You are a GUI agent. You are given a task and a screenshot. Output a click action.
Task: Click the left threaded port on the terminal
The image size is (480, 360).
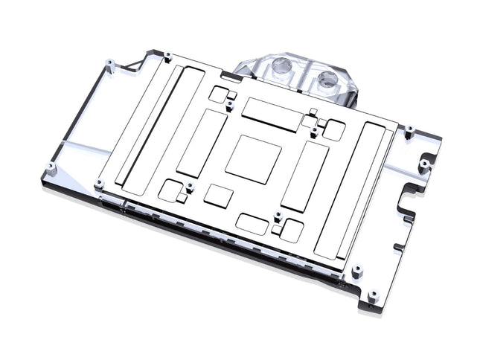coord(282,68)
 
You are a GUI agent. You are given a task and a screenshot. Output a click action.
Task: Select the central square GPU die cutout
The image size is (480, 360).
coord(253,158)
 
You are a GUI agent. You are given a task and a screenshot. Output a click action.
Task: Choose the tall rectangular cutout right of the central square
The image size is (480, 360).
coord(305,176)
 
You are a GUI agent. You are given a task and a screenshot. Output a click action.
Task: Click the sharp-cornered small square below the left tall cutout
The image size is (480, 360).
coord(219,196)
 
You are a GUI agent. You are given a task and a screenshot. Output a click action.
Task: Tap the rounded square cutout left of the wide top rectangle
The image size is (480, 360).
coord(218,94)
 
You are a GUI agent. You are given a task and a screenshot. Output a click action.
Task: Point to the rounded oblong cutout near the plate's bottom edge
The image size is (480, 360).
coord(252,224)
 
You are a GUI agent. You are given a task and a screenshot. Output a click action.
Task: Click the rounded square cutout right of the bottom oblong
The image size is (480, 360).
coord(290,231)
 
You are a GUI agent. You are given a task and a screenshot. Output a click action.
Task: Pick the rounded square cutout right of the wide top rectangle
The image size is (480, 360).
coord(332,131)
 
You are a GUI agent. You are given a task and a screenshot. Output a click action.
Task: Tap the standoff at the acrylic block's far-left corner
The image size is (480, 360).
coord(50,166)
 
